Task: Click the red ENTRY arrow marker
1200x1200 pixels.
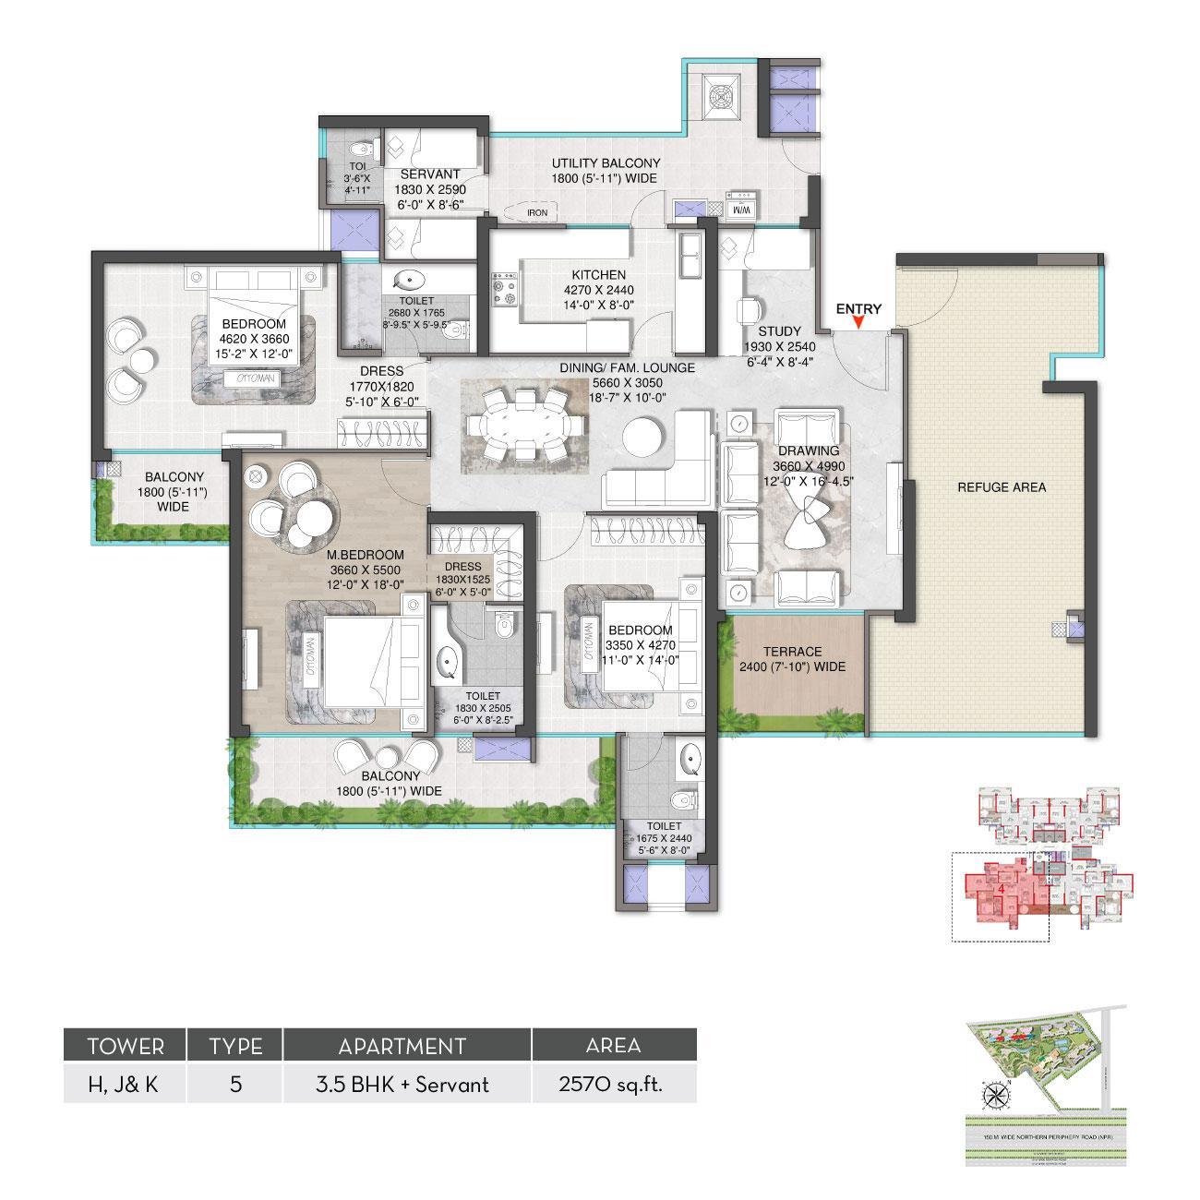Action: pos(858,322)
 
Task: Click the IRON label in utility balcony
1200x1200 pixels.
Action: pos(537,212)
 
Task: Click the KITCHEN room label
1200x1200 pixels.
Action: pos(598,275)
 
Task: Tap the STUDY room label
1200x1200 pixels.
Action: pos(779,330)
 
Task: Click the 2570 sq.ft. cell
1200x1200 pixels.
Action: pos(614,1084)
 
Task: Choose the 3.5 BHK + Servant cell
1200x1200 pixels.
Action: pos(407,1084)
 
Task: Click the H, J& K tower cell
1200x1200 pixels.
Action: pos(123,1084)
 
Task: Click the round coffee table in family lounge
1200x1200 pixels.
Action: pos(642,436)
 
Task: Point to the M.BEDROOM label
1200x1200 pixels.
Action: pos(366,555)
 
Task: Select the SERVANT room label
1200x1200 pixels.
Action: pos(430,174)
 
